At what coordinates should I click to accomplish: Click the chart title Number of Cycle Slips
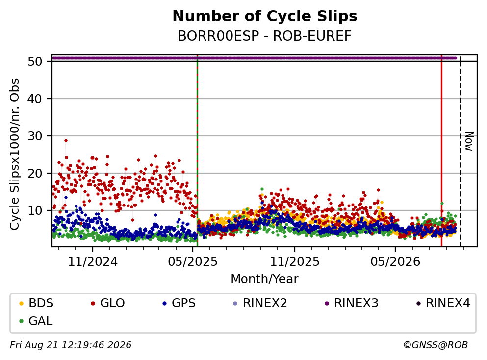click(x=265, y=16)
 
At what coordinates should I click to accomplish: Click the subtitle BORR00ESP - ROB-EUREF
click(x=265, y=36)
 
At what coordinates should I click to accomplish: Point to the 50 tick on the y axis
click(x=35, y=61)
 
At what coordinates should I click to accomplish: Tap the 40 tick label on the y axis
click(x=35, y=99)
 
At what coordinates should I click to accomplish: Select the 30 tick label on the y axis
click(x=35, y=136)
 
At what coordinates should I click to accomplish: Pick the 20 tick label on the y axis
click(x=35, y=173)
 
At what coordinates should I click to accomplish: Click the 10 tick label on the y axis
click(x=35, y=210)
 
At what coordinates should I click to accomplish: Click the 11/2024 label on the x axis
click(x=93, y=262)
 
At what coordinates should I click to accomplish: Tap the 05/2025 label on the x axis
click(x=193, y=262)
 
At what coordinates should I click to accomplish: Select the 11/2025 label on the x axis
click(x=295, y=262)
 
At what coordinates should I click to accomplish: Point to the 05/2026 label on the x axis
click(x=395, y=262)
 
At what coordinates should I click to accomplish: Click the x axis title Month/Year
click(x=264, y=279)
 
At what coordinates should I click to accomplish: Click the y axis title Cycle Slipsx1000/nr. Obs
click(x=14, y=154)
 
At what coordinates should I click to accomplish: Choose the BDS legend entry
click(x=36, y=303)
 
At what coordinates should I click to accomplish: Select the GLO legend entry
click(x=108, y=303)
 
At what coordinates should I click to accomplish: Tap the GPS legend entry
click(x=179, y=303)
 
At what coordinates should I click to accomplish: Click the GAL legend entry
click(x=36, y=321)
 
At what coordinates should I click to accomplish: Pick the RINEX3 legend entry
click(x=351, y=303)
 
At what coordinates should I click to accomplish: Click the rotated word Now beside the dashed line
click(x=469, y=142)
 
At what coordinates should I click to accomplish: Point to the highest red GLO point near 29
click(x=66, y=140)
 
